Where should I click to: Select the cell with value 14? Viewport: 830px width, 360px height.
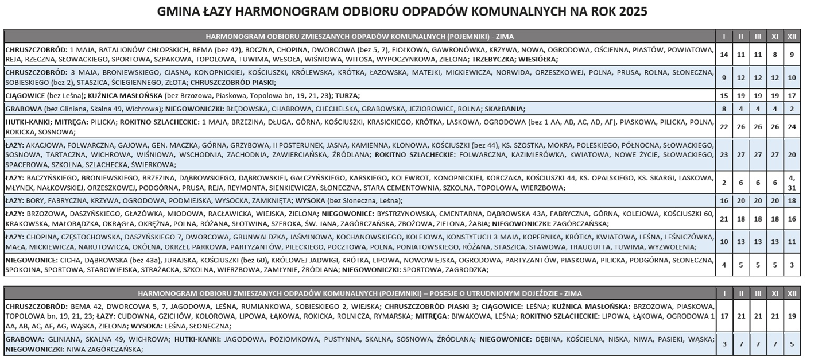(724, 54)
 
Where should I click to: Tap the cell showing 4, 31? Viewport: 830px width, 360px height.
(792, 183)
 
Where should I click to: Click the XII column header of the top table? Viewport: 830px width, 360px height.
(792, 37)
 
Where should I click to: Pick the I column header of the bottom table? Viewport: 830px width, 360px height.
(724, 293)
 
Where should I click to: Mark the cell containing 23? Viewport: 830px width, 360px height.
(724, 154)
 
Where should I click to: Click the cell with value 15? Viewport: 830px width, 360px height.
(724, 95)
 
